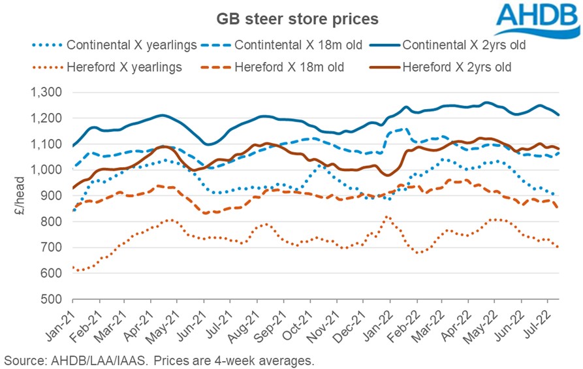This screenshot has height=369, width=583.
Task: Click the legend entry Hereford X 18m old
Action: click(x=288, y=66)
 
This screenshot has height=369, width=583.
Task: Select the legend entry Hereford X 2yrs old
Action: click(x=457, y=66)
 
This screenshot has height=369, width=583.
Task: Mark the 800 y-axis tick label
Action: click(x=52, y=221)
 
